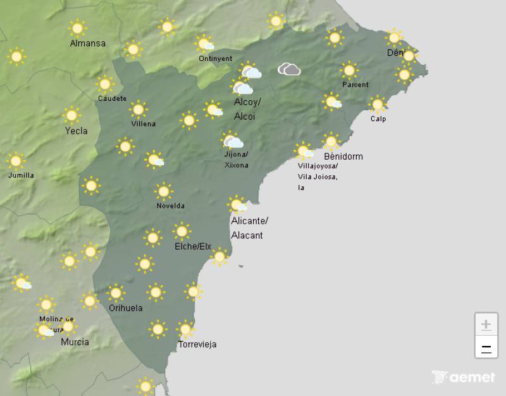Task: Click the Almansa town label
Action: [x=88, y=44]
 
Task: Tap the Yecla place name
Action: [x=76, y=131]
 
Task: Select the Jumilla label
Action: [x=21, y=176]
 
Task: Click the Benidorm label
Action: [x=343, y=156]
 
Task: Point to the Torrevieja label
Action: [x=197, y=345]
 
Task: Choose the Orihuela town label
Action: [x=125, y=309]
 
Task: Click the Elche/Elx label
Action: [x=193, y=246]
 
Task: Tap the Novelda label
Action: [x=170, y=206]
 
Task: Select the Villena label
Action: [x=143, y=124]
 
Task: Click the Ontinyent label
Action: [x=215, y=58]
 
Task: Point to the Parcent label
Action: [x=355, y=85]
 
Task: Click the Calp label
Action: [x=378, y=119]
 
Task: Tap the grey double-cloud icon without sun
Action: [x=289, y=69]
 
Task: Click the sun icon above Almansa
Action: [x=78, y=28]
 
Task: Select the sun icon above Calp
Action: [x=378, y=104]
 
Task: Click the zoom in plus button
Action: [x=486, y=325]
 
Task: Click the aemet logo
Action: [x=464, y=378]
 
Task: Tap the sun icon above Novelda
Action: [x=164, y=191]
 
